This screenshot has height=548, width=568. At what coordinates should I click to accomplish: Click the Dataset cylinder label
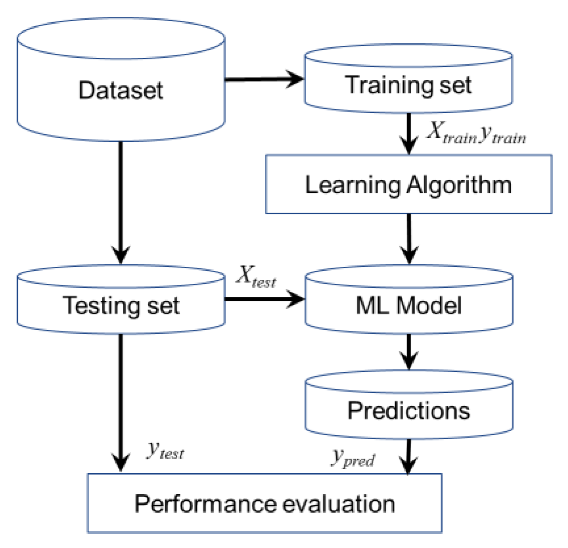120,91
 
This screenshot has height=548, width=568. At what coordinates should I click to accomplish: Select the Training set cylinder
408,84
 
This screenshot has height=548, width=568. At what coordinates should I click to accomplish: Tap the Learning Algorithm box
408,185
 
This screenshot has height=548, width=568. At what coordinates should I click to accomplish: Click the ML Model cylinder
408,305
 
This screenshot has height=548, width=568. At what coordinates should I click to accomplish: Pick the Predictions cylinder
408,410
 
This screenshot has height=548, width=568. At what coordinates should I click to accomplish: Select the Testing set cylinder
121,305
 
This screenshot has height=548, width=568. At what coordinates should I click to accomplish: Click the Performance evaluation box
265,503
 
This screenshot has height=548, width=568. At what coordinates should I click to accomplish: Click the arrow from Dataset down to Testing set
121,201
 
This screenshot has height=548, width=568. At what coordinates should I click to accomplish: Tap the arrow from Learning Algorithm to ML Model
409,238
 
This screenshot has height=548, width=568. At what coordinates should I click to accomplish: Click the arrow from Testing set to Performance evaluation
121,402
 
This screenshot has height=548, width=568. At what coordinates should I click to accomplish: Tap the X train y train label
476,133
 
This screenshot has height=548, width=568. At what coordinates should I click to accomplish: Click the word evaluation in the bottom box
339,503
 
